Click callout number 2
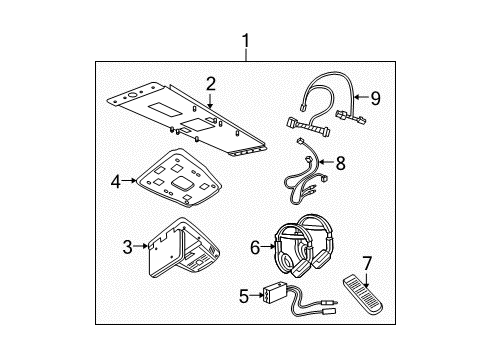211,84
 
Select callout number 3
128,247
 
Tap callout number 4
115,182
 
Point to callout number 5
244,296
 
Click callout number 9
376,99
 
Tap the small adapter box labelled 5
274,294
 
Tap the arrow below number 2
211,99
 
